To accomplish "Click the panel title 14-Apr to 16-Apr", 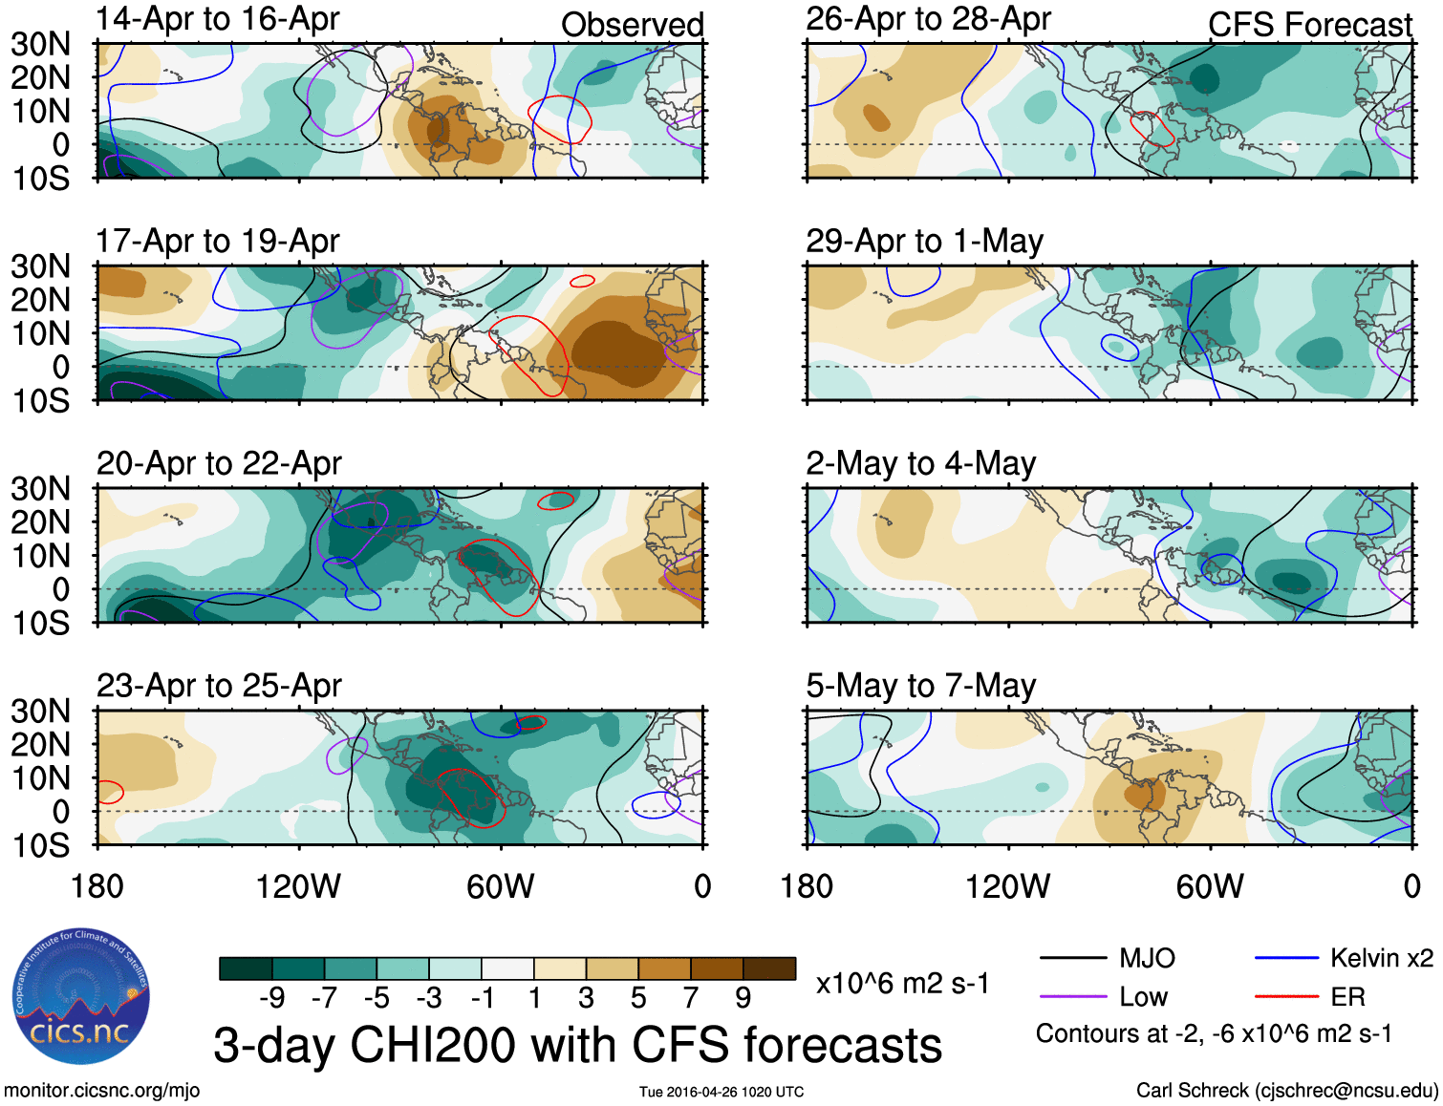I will click(x=218, y=19).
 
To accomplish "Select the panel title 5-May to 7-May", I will click(x=920, y=686).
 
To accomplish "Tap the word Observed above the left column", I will click(x=632, y=25).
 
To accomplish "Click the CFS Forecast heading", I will click(x=1309, y=25).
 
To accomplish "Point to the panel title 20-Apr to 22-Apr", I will click(x=219, y=463).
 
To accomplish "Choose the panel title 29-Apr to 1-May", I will click(x=924, y=242).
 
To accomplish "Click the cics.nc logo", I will click(x=80, y=997).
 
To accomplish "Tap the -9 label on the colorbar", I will click(x=271, y=998).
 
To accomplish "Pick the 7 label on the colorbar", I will click(x=690, y=998).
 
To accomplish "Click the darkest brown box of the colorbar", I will click(x=769, y=968).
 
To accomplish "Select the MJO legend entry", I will click(x=1147, y=958).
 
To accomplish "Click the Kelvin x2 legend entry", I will click(x=1381, y=958).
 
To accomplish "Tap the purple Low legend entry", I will click(x=1143, y=997).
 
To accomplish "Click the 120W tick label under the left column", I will click(x=298, y=887).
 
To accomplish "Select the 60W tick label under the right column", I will click(x=1210, y=887).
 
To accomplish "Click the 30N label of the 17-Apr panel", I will click(x=40, y=266).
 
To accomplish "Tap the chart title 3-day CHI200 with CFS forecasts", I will click(x=577, y=1045).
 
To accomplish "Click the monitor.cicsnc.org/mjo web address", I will click(x=101, y=1091).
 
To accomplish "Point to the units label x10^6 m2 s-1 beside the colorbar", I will click(x=902, y=984).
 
